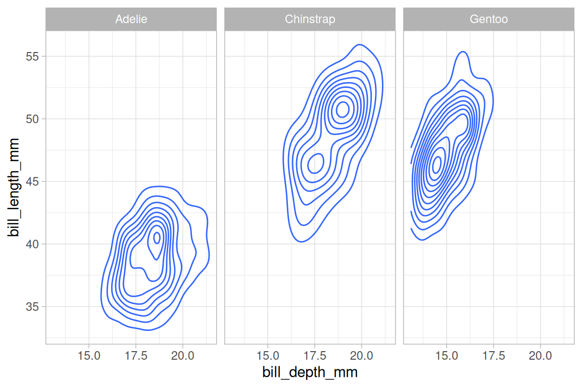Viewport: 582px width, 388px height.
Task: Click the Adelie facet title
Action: (131, 20)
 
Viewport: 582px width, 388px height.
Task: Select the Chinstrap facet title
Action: (310, 20)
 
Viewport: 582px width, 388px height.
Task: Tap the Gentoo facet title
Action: (489, 20)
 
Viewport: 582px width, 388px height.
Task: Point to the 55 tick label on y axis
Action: (33, 56)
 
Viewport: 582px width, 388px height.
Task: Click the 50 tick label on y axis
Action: (33, 119)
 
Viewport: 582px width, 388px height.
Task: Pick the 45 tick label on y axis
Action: (33, 181)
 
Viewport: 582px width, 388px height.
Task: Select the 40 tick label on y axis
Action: (33, 244)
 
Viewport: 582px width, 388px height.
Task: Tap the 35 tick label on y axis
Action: (33, 307)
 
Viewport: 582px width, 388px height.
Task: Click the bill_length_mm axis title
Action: (14, 187)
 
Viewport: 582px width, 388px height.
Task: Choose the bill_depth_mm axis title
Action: (310, 373)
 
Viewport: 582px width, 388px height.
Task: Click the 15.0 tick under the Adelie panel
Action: (89, 356)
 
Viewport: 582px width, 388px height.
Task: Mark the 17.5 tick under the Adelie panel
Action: (136, 356)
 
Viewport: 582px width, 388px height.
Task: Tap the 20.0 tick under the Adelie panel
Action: (183, 356)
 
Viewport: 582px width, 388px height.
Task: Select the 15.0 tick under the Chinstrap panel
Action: (268, 356)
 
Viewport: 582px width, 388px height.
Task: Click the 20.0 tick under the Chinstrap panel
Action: (362, 356)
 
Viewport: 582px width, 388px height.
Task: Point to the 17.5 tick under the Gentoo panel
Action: (494, 356)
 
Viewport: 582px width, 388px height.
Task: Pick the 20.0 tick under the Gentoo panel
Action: (541, 356)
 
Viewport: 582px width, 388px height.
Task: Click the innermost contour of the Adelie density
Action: (157, 237)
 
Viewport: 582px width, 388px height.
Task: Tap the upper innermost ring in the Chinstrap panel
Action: (343, 109)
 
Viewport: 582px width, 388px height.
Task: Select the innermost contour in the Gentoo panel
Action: (437, 163)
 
